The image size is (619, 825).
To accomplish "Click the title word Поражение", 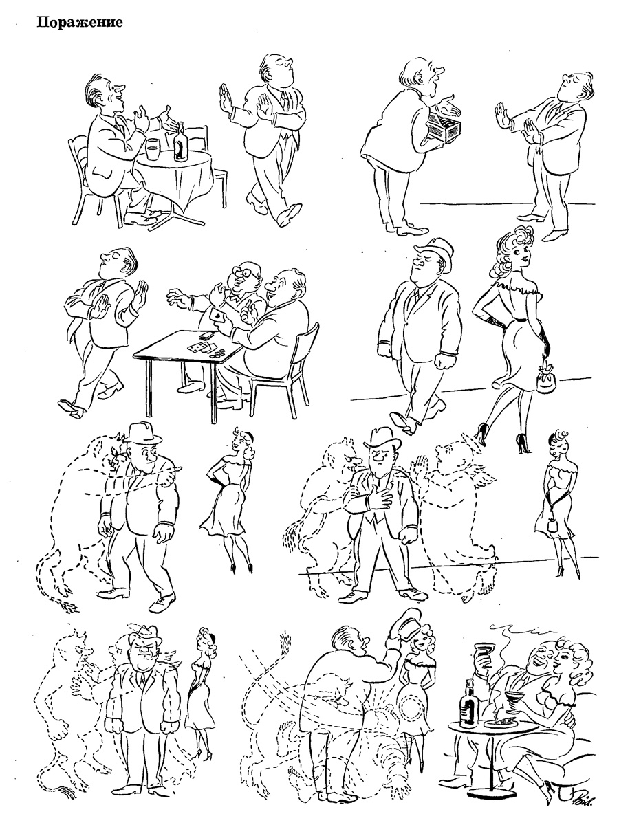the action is [x=79, y=22].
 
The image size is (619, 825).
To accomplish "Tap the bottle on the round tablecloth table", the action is [x=182, y=142].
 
